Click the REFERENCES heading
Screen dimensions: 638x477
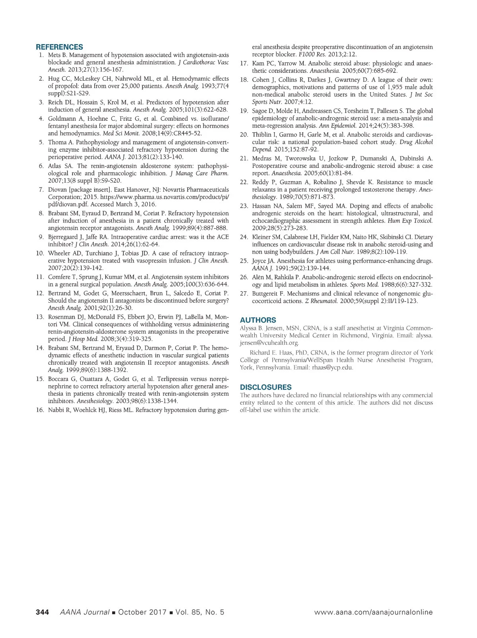coord(60,47)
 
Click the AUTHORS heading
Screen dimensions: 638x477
coord(258,320)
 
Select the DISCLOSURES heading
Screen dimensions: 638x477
coord(266,387)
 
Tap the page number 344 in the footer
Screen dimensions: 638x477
coord(43,612)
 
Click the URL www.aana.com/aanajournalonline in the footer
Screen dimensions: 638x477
coord(373,612)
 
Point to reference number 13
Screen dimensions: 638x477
coord(40,317)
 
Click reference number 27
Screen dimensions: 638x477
coord(244,294)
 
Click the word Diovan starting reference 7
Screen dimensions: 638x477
coord(57,189)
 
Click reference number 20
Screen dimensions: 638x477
coord(244,135)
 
